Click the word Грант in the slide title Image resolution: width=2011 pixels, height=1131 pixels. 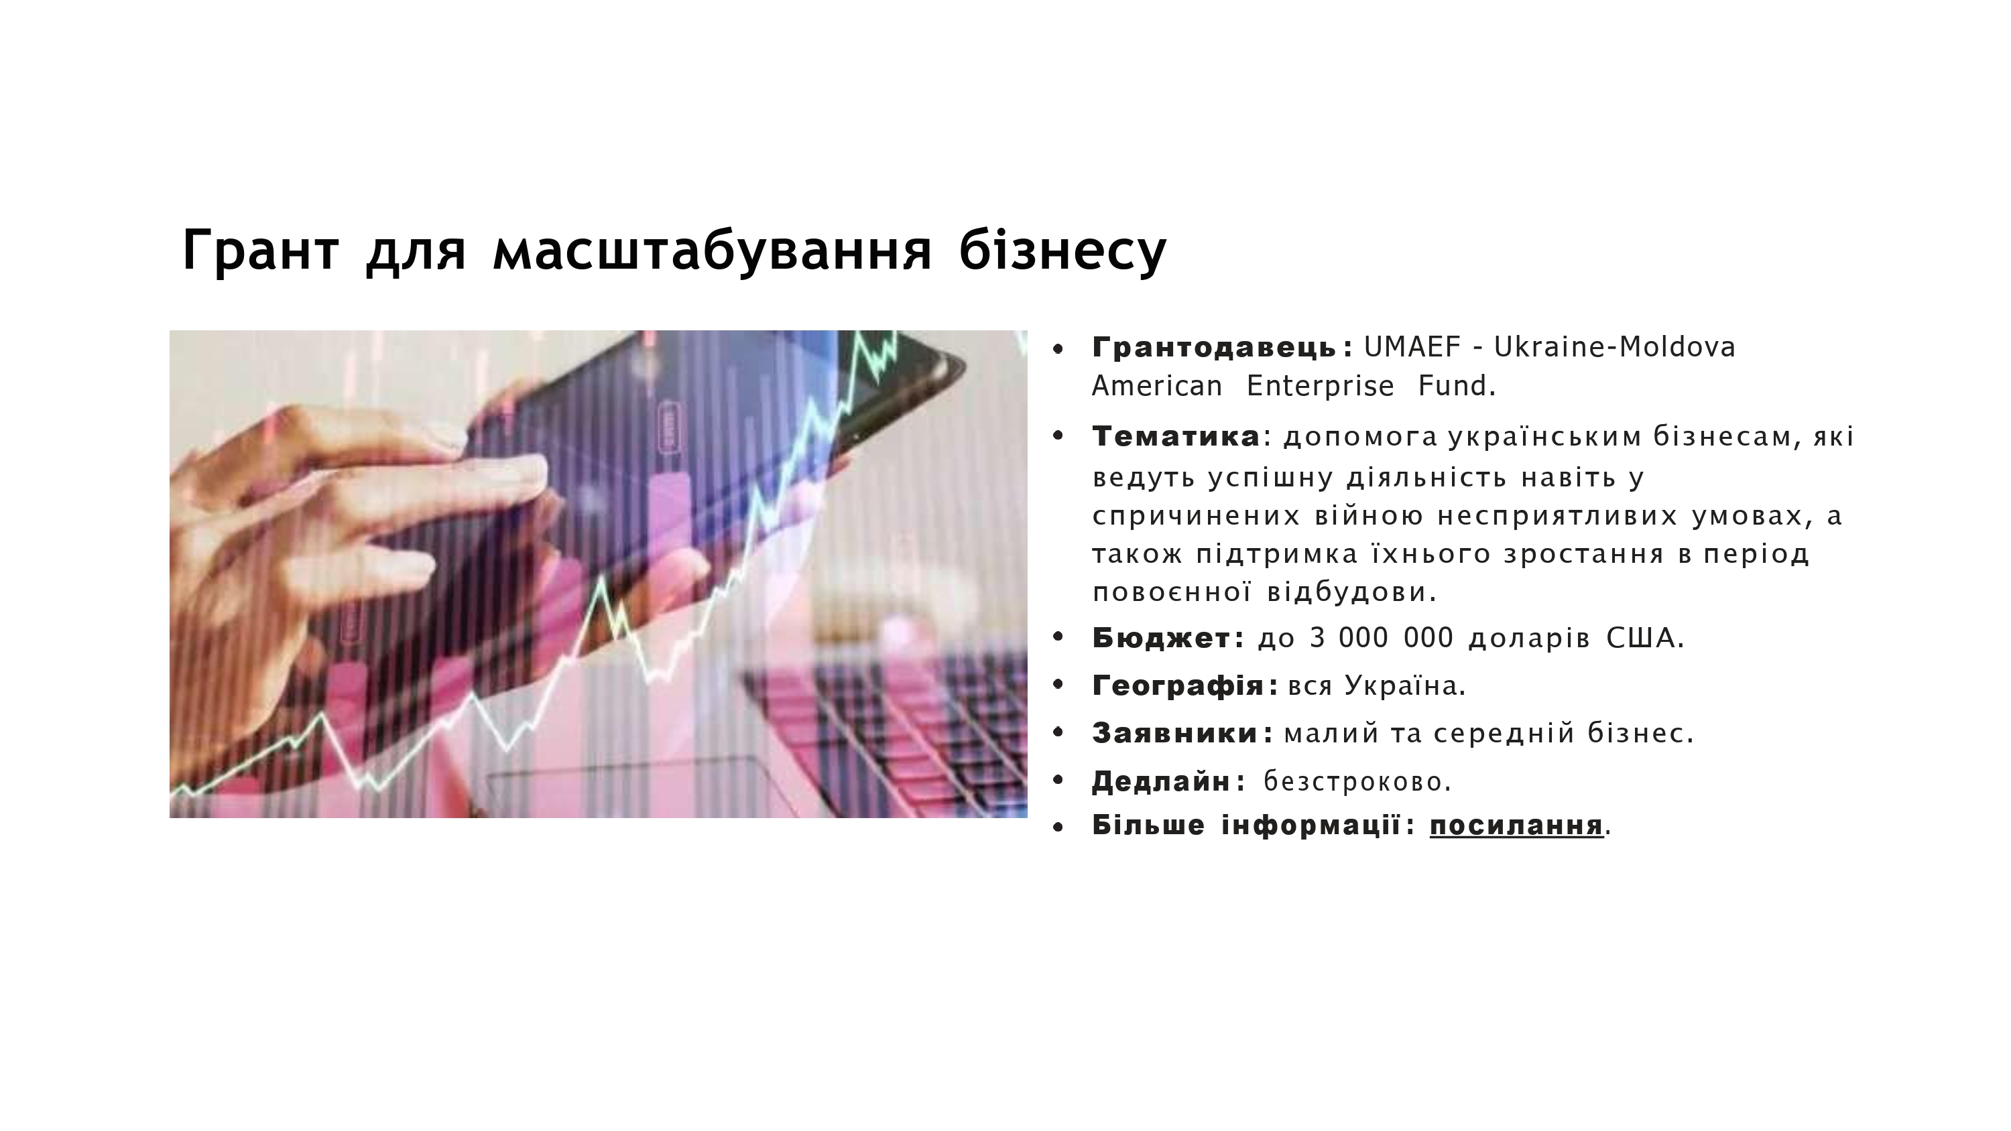[261, 250]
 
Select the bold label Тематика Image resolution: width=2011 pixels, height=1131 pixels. [1176, 437]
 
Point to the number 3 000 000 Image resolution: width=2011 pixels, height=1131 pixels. [1381, 639]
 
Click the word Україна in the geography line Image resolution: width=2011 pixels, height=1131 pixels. [1404, 686]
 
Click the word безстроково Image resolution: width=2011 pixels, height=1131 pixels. [1357, 781]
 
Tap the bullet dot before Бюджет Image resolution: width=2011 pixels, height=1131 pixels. [1058, 638]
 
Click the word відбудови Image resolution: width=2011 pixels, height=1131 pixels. [1351, 592]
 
